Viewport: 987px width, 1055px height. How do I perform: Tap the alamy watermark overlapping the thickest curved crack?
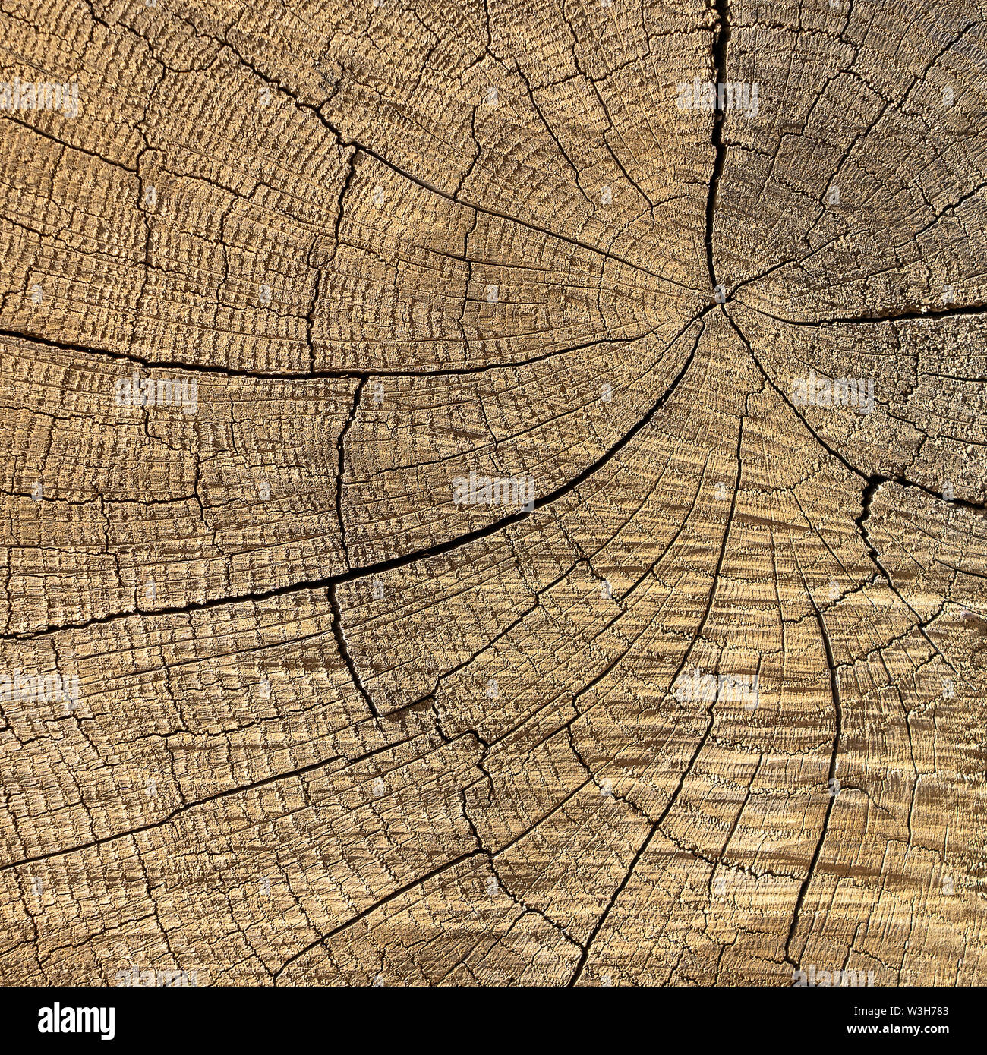[493, 491]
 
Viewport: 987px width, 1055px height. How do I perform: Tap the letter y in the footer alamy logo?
[106, 1024]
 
